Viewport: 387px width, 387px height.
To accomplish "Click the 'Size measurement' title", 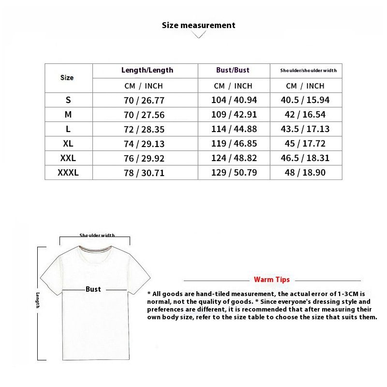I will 198,25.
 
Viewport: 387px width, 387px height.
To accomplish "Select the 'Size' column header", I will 67,77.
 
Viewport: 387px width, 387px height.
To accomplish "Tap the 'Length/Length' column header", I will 147,70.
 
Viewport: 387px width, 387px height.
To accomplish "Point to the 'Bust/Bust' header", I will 233,70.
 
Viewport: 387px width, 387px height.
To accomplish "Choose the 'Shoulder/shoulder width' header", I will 308,71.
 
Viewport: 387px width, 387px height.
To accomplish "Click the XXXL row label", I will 68,172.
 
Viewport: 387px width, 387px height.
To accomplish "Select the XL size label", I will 68,143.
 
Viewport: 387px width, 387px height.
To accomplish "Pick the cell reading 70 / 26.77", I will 144,100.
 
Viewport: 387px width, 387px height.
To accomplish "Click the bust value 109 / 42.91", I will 234,115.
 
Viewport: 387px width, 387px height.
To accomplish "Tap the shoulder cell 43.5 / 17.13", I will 305,129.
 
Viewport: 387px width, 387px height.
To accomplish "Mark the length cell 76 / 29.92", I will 144,158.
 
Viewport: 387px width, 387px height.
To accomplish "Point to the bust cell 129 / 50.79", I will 234,172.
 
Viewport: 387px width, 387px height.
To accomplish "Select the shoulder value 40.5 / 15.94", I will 305,100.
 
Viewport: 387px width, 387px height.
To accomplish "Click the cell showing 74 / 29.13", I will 144,144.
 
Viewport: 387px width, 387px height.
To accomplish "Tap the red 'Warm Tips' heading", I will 272,280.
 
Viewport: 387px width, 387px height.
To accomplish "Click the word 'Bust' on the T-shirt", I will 93,289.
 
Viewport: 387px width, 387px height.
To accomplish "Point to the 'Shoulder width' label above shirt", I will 97,236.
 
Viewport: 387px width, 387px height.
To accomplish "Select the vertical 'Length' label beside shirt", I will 37,300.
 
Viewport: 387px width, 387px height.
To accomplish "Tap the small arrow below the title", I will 198,35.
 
